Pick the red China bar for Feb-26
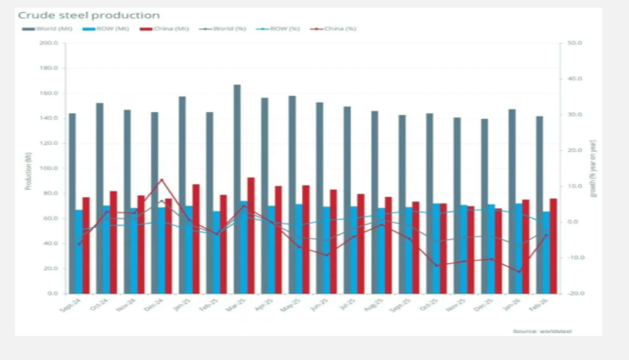[x=553, y=245]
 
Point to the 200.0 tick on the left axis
[x=49, y=43]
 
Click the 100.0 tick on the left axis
[x=49, y=168]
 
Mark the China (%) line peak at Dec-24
[x=160, y=180]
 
